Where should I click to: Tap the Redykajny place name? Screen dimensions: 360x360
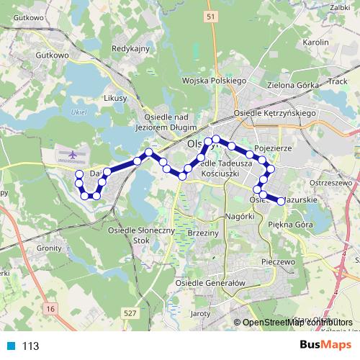click(x=130, y=48)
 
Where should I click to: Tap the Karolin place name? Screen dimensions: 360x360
click(x=316, y=42)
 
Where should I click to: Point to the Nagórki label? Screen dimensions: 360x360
click(x=240, y=216)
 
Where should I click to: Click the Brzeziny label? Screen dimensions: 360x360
click(x=202, y=234)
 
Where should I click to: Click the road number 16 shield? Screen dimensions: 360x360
click(x=50, y=308)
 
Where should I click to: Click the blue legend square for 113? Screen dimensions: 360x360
click(x=9, y=346)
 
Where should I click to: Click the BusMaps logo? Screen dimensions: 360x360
click(x=325, y=346)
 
